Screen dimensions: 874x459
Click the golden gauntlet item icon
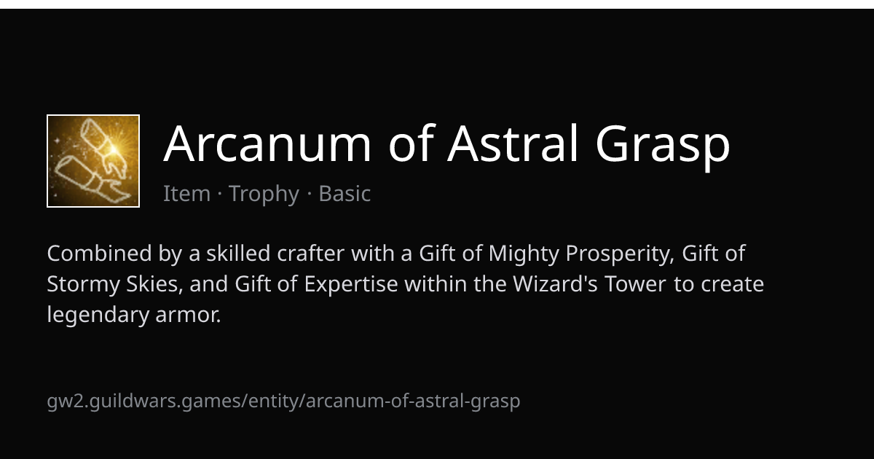[x=93, y=161]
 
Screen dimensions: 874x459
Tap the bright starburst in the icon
[x=114, y=149]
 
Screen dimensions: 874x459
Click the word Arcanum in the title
[x=267, y=144]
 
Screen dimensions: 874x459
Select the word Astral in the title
[x=512, y=143]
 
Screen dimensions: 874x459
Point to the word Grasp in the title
[x=663, y=147]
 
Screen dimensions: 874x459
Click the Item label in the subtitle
[x=187, y=193]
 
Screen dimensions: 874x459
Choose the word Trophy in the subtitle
[x=264, y=194]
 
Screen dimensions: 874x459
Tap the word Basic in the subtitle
[x=345, y=193]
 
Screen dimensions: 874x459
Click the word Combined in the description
[x=99, y=253]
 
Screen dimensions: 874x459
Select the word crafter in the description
[x=310, y=253]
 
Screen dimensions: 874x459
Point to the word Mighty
[x=524, y=254]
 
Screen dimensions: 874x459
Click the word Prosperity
[x=620, y=254]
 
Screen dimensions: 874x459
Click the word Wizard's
[x=555, y=283]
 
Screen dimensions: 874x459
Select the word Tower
[x=635, y=283]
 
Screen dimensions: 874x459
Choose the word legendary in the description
[x=98, y=315]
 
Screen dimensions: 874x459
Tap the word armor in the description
[x=188, y=315]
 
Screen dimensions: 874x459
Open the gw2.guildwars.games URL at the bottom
[x=283, y=401]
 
